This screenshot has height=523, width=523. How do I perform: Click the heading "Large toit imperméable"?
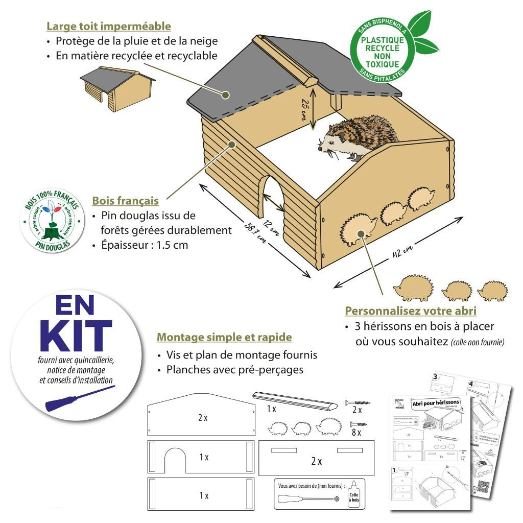tap(108, 26)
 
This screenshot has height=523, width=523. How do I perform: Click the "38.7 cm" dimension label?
tap(255, 232)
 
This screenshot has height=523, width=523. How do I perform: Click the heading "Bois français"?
tap(125, 201)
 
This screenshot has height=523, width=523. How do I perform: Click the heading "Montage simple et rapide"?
tap(224, 337)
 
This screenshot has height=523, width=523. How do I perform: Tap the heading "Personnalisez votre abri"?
tap(411, 311)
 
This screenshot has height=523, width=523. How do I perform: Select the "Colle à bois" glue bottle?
tap(353, 495)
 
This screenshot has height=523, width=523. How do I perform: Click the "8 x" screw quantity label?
tap(356, 433)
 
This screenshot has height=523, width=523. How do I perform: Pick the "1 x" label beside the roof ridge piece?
tap(272, 409)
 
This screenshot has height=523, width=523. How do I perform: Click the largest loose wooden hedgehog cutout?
tap(413, 289)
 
